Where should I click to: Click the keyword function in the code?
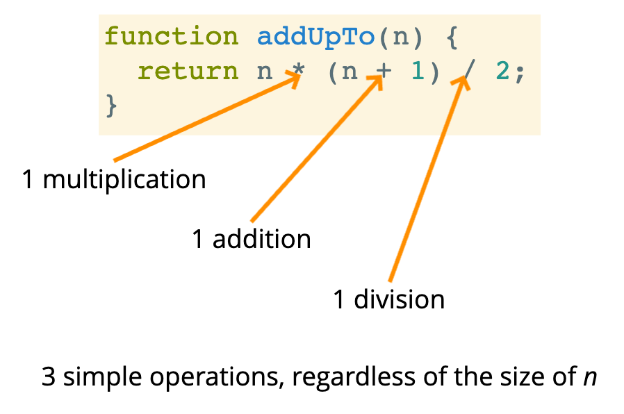171,37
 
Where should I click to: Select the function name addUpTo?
316,37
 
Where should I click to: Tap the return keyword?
187,71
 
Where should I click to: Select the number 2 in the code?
501,71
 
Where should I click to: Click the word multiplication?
124,180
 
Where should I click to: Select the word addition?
261,240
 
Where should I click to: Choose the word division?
399,299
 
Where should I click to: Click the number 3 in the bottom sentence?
49,377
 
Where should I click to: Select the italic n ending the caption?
590,379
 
